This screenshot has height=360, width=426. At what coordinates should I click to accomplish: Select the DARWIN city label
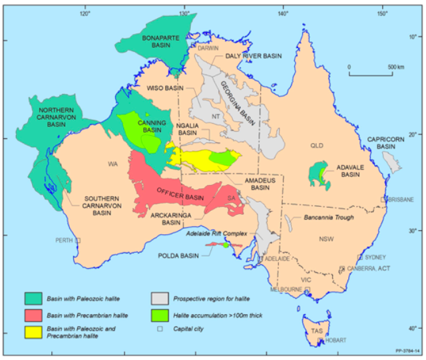(x=208, y=49)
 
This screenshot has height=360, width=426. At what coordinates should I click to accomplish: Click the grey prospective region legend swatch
(x=158, y=297)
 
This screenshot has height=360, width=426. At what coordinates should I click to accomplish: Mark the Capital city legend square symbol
(x=159, y=328)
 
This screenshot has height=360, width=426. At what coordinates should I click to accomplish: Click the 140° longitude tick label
(x=283, y=11)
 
